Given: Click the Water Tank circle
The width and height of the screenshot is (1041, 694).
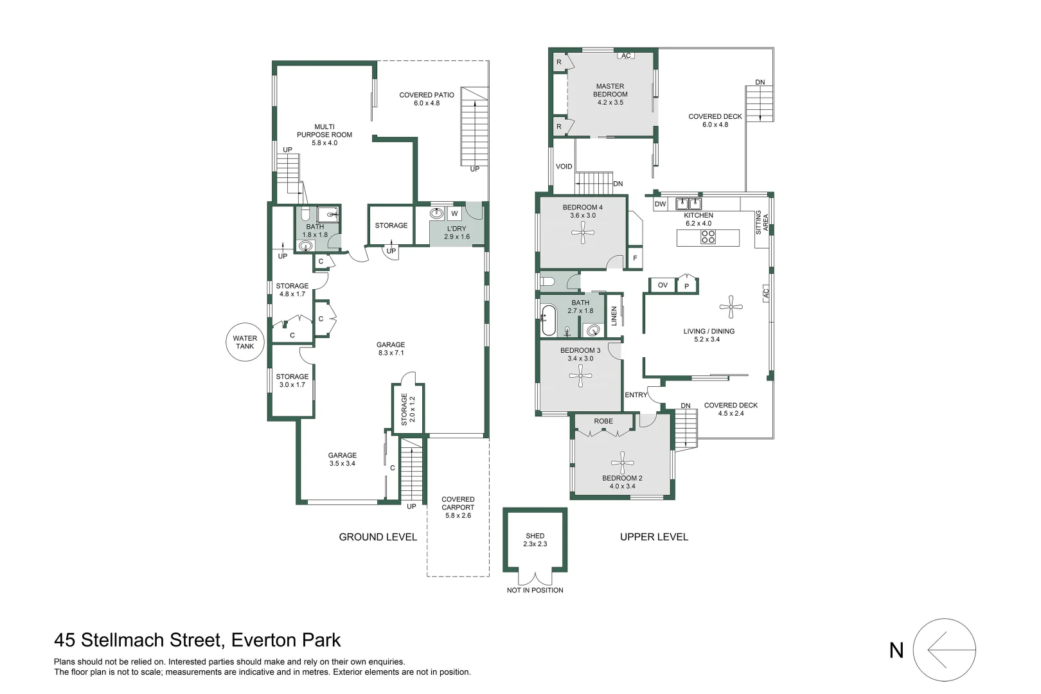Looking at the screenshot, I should coord(245,342).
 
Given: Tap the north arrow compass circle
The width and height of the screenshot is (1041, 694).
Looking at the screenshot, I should coord(944,650).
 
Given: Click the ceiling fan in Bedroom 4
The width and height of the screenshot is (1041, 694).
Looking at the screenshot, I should coord(583,233).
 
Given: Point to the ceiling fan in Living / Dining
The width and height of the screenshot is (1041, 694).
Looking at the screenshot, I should coord(731,307).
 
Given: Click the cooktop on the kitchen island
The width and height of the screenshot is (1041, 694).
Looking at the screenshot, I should coord(707,237).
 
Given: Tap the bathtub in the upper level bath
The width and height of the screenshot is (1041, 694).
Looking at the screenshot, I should coord(548,320).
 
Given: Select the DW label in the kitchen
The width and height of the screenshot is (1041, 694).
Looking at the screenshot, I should coord(660,204).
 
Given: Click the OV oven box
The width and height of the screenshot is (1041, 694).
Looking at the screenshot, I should coord(663,285).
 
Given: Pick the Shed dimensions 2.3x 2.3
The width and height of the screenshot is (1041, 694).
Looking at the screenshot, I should coord(535,544).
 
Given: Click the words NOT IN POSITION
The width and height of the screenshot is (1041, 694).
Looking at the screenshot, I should coord(535,591).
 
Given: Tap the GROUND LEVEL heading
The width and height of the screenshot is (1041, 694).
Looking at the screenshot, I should coord(378,537).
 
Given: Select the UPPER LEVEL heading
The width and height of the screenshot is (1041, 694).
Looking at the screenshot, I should coord(654,537).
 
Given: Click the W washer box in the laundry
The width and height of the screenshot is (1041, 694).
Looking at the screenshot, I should coord(454,214).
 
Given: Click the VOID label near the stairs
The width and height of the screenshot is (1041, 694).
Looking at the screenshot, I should coord(564,166).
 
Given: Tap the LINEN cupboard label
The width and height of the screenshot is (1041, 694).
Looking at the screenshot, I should coord(614,316).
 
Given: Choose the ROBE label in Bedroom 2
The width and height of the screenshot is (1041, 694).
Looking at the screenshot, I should coord(603,422).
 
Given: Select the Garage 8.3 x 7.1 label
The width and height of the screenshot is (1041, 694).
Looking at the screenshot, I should coord(391,349).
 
